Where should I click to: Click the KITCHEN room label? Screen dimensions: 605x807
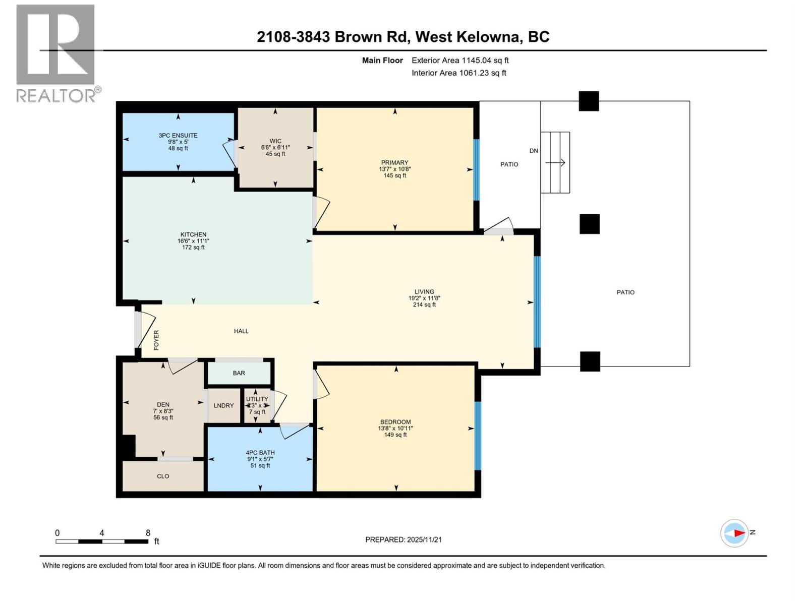[193, 234]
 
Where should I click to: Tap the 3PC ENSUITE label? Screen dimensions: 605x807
[178, 136]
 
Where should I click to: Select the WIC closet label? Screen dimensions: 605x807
[275, 141]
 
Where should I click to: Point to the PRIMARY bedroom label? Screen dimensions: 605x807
[394, 162]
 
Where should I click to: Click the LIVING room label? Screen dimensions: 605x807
[424, 291]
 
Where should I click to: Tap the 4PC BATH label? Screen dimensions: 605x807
[260, 453]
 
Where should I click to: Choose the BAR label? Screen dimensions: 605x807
[239, 373]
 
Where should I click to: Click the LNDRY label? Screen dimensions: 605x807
[223, 405]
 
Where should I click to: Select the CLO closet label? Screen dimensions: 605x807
[163, 476]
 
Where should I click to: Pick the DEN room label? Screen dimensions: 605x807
[163, 404]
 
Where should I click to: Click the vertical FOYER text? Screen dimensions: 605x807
[156, 340]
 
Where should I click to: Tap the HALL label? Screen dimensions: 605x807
[241, 331]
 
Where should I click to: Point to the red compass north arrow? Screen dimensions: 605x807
[739, 533]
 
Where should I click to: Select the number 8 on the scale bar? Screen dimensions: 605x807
[148, 533]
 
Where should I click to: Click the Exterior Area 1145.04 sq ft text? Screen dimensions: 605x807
[460, 60]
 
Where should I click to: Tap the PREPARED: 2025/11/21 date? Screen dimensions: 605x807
[403, 539]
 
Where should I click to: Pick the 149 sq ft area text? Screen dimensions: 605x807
[395, 435]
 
